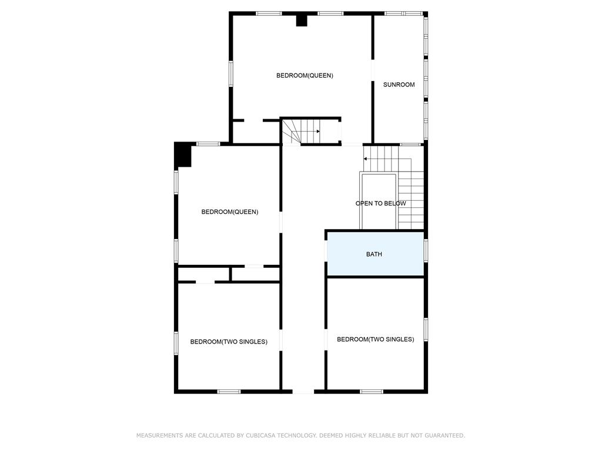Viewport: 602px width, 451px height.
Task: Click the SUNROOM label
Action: (399, 85)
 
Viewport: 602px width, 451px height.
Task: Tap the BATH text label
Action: (374, 254)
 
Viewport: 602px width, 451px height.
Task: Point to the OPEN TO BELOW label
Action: (380, 204)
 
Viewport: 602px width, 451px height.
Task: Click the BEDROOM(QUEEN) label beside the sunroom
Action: (305, 76)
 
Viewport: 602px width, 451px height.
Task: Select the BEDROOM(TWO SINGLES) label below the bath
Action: (376, 339)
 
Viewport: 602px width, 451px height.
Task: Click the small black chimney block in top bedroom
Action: (302, 21)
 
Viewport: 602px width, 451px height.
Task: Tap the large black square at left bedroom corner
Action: (183, 155)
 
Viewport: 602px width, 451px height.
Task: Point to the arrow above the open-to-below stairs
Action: (387, 159)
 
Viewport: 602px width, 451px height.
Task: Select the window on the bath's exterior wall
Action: (426, 251)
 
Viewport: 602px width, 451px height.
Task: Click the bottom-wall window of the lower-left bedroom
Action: (229, 392)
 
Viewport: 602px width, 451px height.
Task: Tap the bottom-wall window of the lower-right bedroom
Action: (372, 392)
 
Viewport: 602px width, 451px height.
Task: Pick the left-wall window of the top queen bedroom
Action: (230, 73)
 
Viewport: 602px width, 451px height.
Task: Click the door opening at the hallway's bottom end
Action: (303, 392)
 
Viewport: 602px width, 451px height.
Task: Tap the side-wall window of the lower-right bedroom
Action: (426, 330)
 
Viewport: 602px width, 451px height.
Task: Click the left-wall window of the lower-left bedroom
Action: (176, 343)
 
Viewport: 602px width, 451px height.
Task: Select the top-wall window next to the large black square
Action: (208, 144)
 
